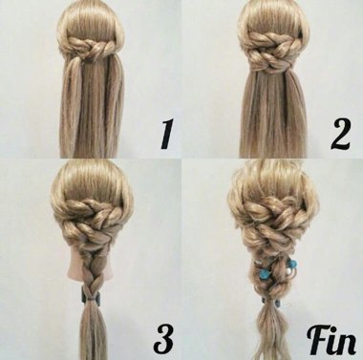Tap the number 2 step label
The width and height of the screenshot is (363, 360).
[340, 135]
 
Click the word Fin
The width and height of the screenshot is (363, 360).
[331, 341]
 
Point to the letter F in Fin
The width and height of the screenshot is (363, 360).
[318, 341]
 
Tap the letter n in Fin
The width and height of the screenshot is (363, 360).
[347, 345]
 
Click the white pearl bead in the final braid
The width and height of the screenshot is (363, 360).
[288, 270]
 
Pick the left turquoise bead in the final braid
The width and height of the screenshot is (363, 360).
[264, 273]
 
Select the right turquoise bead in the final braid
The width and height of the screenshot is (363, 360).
[292, 264]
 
